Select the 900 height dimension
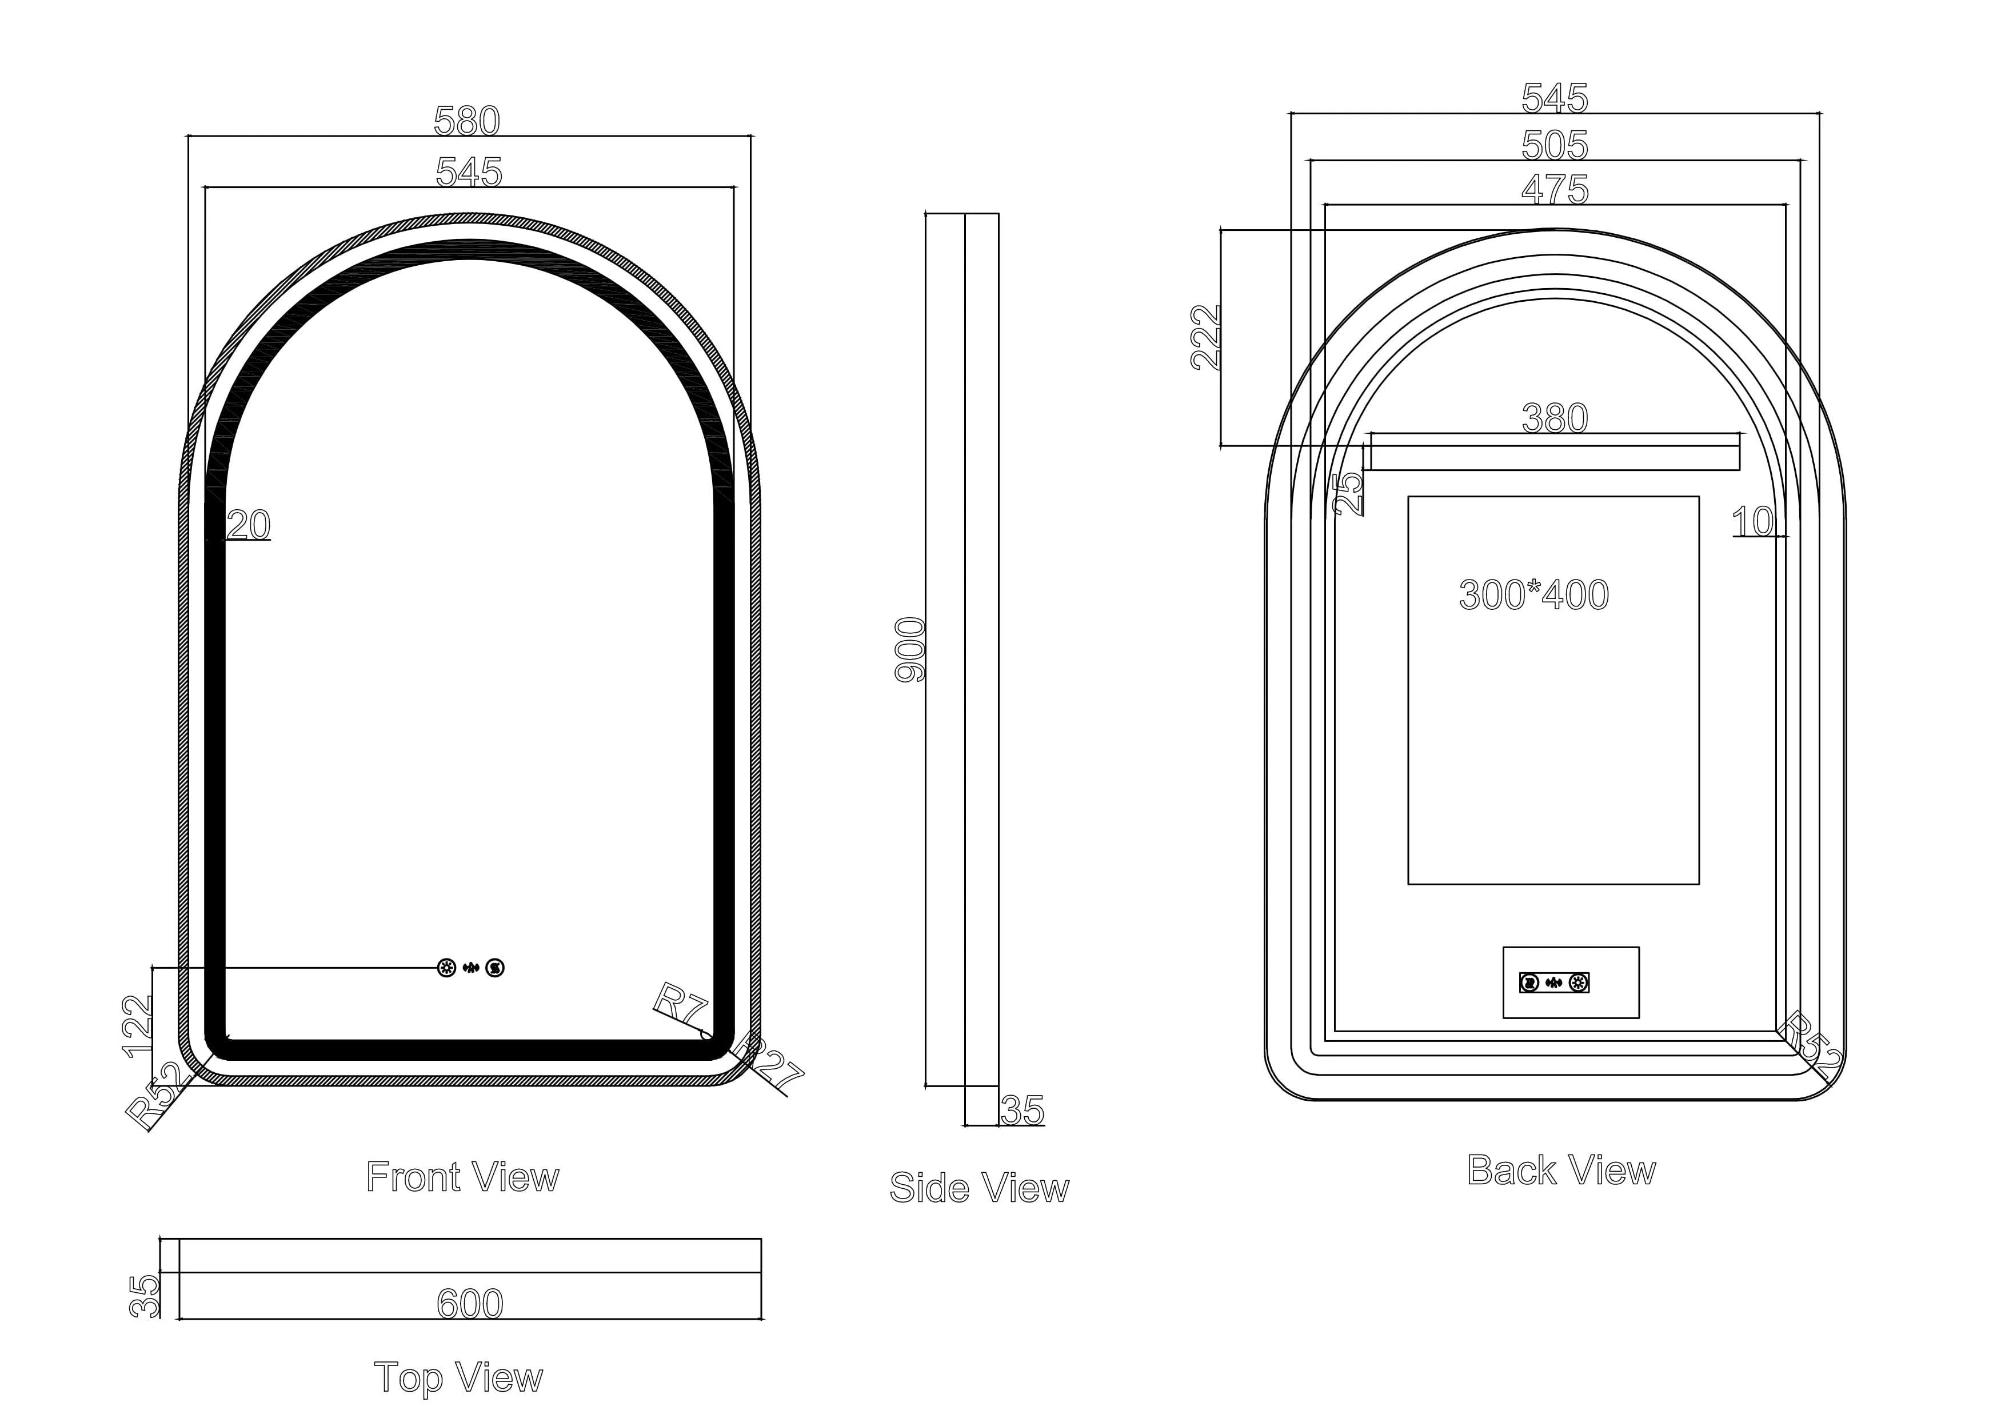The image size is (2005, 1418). coord(910,650)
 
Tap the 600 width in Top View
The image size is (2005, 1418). coord(470,1304)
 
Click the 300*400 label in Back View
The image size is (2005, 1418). coord(1533,596)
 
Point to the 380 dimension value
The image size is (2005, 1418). coord(1555,419)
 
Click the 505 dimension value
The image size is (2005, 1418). coord(1555,146)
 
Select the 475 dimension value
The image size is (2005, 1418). coord(1555,190)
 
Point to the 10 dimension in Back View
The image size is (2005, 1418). coord(1752,523)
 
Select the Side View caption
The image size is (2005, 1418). coord(979,1188)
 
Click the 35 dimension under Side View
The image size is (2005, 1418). coord(1022,1111)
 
